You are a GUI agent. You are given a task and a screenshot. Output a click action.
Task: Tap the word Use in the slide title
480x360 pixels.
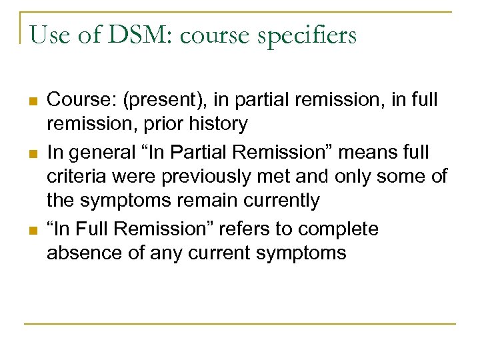click(x=47, y=35)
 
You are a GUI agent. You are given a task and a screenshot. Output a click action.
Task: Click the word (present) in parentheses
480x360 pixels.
click(x=157, y=101)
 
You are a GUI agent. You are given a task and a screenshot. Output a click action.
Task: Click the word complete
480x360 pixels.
click(x=338, y=229)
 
